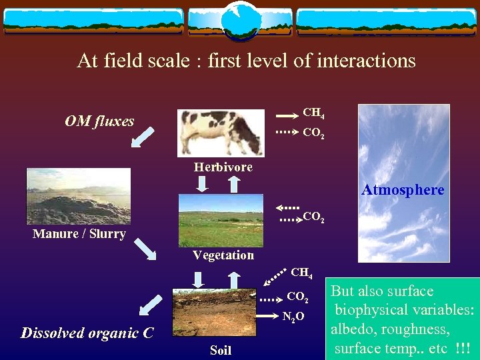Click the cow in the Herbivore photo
[221, 131]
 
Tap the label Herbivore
[223, 167]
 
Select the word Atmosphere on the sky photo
[403, 190]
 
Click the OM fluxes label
[99, 121]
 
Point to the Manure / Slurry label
[79, 234]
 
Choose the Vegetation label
[223, 255]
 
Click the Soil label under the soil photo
[221, 350]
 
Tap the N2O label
[294, 317]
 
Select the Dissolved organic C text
[87, 333]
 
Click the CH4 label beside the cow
[313, 113]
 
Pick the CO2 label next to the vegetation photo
[313, 217]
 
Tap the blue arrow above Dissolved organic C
[151, 305]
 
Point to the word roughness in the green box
[417, 329]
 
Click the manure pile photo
[78, 196]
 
